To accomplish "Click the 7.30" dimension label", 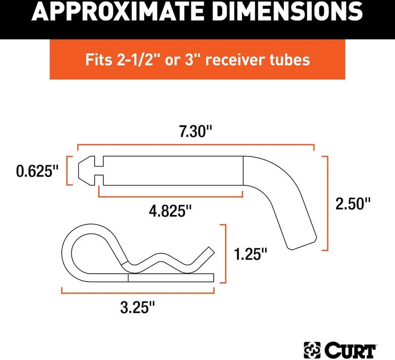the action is pos(196,131).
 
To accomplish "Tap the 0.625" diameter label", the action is pos(38,171).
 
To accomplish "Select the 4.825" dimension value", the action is pos(170,211).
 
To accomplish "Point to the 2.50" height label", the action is pos(353,204).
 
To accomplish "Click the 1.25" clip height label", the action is pos(250,254).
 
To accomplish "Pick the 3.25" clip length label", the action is pos(138,307).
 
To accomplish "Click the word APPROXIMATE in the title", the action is pos(118,12).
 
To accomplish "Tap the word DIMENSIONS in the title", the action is pos(288,12).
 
